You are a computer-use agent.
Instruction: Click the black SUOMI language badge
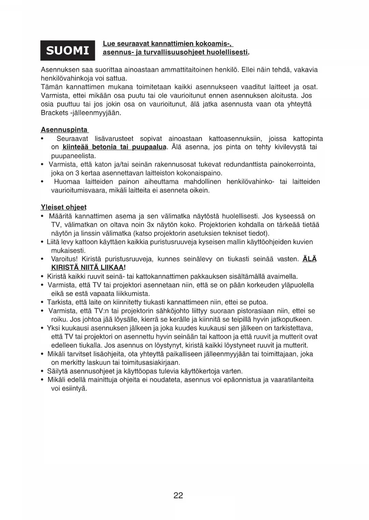[68, 51]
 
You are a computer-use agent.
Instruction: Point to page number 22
[178, 495]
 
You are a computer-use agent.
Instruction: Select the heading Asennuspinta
[64, 130]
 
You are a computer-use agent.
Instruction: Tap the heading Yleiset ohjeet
[63, 207]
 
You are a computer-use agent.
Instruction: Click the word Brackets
[54, 113]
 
